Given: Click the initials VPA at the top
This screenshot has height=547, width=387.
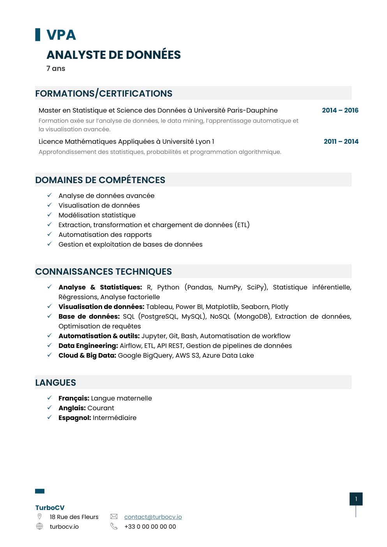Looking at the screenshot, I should (61, 35).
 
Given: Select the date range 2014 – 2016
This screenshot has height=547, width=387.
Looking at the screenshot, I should (340, 110).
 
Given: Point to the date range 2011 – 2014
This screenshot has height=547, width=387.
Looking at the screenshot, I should (341, 141).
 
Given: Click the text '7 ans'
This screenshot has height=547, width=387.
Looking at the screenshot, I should (56, 69).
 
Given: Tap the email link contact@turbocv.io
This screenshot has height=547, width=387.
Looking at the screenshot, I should (153, 517).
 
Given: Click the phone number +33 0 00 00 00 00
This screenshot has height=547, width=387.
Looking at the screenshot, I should (150, 527).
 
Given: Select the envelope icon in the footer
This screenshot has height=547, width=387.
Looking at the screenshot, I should (114, 517).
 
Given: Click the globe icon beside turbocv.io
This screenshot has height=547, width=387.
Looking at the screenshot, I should (39, 526).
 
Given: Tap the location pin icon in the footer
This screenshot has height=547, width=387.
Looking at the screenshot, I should (39, 517).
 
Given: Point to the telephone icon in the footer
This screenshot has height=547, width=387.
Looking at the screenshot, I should (114, 526).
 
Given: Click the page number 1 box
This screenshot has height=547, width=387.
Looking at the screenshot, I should (356, 499).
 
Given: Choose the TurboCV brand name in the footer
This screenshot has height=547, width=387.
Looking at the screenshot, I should (50, 508).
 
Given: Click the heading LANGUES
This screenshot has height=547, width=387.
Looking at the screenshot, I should (56, 383).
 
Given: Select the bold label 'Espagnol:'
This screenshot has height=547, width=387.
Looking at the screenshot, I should (75, 418).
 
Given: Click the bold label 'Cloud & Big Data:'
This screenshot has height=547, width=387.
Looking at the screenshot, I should (87, 355).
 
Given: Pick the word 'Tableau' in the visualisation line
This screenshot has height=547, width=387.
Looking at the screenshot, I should (159, 307).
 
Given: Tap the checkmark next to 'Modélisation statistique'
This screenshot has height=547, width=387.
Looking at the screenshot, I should (49, 215).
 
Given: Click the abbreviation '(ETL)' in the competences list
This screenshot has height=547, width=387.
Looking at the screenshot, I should (242, 225).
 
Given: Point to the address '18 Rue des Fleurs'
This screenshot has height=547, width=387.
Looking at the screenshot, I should (74, 517).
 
